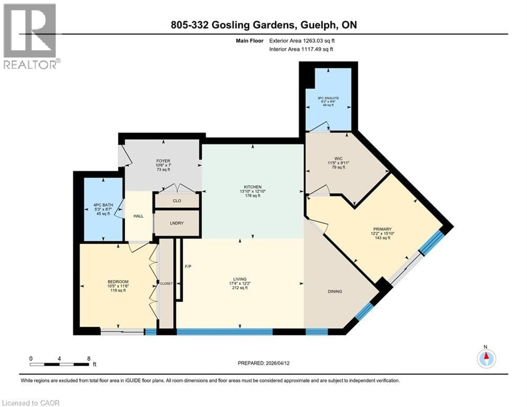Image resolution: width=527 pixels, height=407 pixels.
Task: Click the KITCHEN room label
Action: [x=252, y=187]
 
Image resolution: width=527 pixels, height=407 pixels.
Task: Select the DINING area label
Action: [x=335, y=291]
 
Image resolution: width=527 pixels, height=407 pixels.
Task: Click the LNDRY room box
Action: [x=177, y=223]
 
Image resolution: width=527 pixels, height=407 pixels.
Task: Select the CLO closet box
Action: [x=177, y=201]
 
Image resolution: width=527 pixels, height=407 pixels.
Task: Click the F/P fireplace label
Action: [x=187, y=266]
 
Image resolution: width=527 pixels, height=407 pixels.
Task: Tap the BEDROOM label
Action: [x=118, y=281]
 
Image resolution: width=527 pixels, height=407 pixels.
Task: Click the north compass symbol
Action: [x=486, y=359]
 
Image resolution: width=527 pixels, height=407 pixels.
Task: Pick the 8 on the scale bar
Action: [x=88, y=359]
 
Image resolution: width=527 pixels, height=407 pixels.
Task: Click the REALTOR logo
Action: [x=31, y=36]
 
